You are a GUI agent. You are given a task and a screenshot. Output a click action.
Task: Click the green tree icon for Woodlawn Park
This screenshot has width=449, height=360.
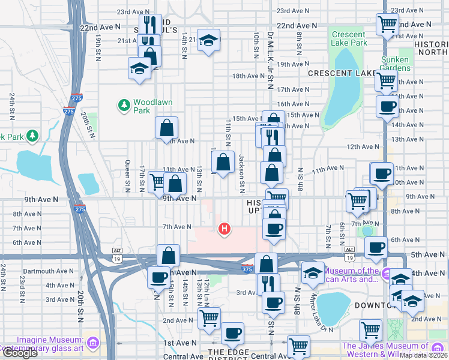124,106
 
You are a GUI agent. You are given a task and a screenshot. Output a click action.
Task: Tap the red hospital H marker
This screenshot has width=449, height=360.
224,229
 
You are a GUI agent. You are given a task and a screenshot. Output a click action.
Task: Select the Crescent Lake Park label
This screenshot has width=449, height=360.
348,38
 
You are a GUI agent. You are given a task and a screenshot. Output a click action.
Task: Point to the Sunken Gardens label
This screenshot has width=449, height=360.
395,64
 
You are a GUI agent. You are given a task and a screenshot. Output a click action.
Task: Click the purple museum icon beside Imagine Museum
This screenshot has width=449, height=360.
92,343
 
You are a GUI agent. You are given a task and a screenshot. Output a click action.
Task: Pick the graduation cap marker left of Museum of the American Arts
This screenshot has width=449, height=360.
312,272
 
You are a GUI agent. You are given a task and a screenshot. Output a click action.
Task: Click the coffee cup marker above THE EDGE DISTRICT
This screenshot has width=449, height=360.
232,332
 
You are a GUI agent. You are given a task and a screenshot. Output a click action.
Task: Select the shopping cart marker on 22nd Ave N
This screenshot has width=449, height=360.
387,24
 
